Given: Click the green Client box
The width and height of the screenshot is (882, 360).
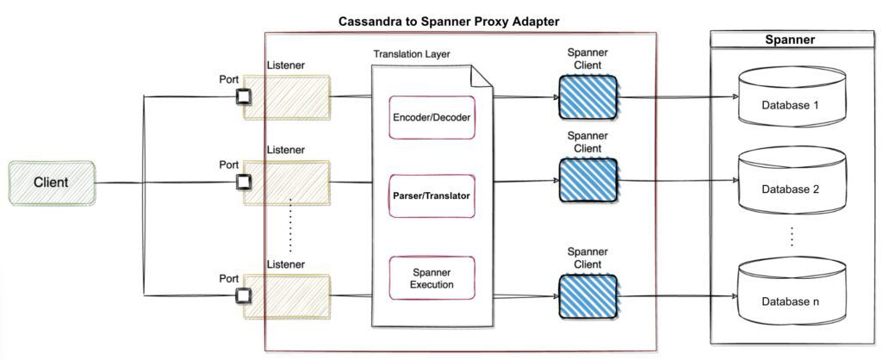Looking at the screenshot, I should pyautogui.click(x=52, y=183).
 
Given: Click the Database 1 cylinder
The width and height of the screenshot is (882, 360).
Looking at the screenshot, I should pyautogui.click(x=790, y=102).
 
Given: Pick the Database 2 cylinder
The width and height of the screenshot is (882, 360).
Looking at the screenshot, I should pyautogui.click(x=790, y=183).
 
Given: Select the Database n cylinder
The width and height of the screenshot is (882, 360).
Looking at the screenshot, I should pyautogui.click(x=790, y=293).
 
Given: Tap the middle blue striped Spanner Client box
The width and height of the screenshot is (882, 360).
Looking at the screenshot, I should pyautogui.click(x=587, y=180).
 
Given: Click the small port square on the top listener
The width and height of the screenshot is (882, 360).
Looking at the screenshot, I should pyautogui.click(x=244, y=96).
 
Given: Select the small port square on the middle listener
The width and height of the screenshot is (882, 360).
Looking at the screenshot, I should pyautogui.click(x=244, y=182).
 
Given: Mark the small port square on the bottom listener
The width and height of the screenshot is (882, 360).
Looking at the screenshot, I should pyautogui.click(x=244, y=295).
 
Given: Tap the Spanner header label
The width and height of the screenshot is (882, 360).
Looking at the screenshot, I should pyautogui.click(x=790, y=40).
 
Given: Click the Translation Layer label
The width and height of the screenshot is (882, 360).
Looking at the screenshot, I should pyautogui.click(x=412, y=53).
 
